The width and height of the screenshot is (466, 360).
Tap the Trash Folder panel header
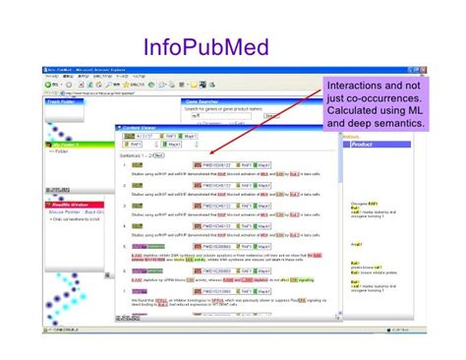point(61,101)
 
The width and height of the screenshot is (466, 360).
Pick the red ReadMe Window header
point(70,203)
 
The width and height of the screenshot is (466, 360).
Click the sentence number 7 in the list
point(125,291)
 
